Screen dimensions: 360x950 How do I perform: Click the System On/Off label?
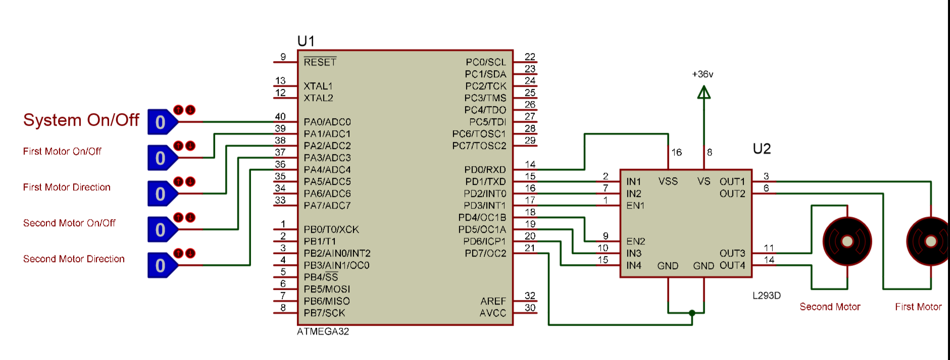pyautogui.click(x=81, y=120)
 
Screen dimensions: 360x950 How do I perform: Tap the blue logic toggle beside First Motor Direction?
pyautogui.click(x=161, y=194)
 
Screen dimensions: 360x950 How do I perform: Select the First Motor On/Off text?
pyautogui.click(x=62, y=151)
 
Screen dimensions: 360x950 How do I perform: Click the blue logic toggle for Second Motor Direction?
pyautogui.click(x=161, y=266)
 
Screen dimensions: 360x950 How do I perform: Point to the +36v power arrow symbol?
pyautogui.click(x=704, y=92)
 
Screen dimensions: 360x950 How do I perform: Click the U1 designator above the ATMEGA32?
pyautogui.click(x=306, y=41)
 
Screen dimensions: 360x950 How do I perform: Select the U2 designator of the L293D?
pyautogui.click(x=762, y=149)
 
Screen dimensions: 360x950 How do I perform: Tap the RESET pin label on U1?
pyautogui.click(x=320, y=62)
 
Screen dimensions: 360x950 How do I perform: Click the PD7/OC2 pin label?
pyautogui.click(x=485, y=253)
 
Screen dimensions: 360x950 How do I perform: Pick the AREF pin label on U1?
pyautogui.click(x=493, y=301)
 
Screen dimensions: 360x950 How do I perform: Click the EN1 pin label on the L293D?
pyautogui.click(x=635, y=205)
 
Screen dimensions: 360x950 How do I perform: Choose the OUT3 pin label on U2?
pyautogui.click(x=732, y=253)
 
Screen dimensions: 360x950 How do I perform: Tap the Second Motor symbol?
pyautogui.click(x=847, y=242)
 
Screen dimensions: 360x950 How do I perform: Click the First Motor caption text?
pyautogui.click(x=918, y=307)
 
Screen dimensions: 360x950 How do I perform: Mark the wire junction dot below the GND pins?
pyautogui.click(x=692, y=313)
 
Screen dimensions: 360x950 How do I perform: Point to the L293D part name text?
pyautogui.click(x=766, y=296)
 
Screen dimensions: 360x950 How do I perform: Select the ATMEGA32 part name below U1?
pyautogui.click(x=323, y=332)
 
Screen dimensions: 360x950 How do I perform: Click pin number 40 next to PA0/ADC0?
pyautogui.click(x=280, y=117)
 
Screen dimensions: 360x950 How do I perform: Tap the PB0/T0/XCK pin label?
pyautogui.click(x=331, y=230)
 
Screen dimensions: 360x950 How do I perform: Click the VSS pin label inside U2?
pyautogui.click(x=668, y=181)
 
